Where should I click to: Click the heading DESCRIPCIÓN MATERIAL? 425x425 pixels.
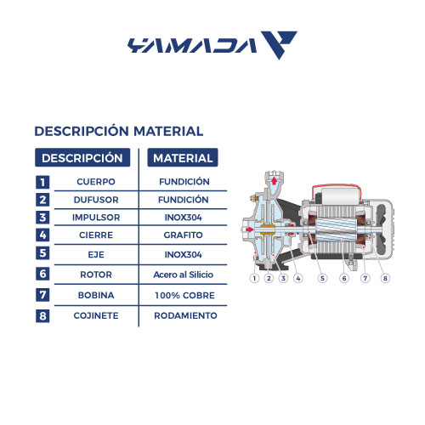tap(118, 132)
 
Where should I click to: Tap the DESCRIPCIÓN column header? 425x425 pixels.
tap(82, 158)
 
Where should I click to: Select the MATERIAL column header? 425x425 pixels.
tap(183, 158)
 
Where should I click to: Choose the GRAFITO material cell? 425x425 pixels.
tap(183, 234)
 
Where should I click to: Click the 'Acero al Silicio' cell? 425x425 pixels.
tap(183, 275)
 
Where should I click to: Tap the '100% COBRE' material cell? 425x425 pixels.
tap(183, 295)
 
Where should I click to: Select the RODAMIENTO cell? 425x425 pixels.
tap(183, 315)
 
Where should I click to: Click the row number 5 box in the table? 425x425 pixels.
tap(43, 252)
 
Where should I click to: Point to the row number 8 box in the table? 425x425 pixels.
tap(43, 316)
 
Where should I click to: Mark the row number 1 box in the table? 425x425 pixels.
tap(43, 182)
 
